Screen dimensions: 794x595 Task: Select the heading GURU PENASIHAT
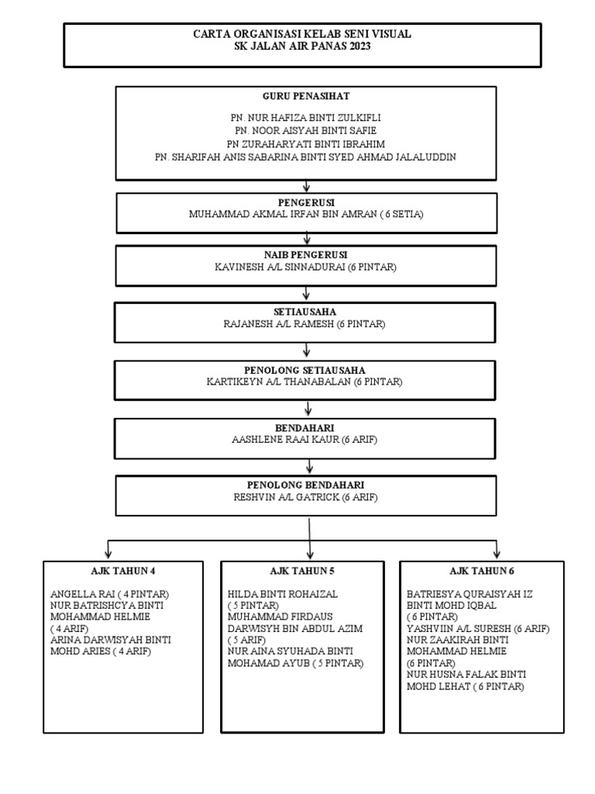click(x=306, y=97)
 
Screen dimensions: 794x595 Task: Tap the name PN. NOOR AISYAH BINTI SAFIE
click(x=306, y=131)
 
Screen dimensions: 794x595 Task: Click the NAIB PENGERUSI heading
click(x=307, y=254)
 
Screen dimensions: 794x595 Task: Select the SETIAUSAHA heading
click(x=307, y=312)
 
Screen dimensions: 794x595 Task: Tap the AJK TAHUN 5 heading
click(x=302, y=571)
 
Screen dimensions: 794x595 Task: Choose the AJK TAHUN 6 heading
click(x=481, y=571)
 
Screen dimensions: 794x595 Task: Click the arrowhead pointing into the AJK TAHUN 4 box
click(x=108, y=554)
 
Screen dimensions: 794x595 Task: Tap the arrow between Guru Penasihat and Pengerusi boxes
click(x=307, y=186)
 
